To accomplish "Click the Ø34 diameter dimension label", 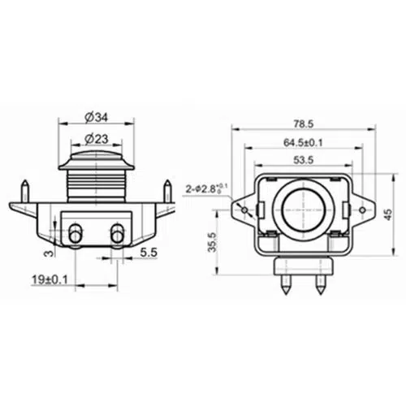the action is [96, 118].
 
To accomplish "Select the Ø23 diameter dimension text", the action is [97, 139].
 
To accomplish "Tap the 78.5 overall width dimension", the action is [304, 124].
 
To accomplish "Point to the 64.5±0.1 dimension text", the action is [303, 142].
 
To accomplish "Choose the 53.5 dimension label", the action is [304, 160].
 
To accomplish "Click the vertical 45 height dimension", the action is [388, 214].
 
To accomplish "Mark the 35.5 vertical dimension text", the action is [213, 242].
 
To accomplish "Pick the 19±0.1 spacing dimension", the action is [50, 279].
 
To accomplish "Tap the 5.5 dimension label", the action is [149, 253].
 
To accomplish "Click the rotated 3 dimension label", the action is [48, 253].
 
